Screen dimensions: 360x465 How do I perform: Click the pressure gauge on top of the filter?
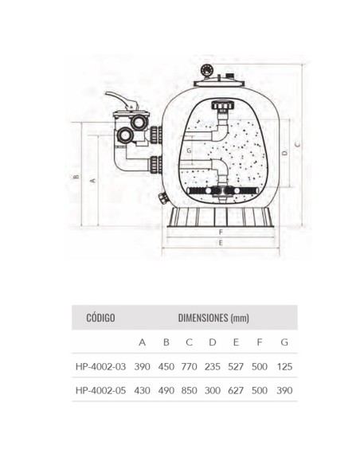[207, 71]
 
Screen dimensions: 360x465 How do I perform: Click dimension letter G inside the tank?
[189, 150]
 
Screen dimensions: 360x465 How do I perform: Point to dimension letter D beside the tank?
[284, 153]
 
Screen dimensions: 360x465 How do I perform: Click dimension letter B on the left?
[76, 177]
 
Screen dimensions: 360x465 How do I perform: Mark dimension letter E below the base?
[221, 243]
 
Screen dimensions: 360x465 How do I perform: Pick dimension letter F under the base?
[221, 232]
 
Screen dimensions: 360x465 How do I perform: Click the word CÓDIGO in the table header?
[100, 318]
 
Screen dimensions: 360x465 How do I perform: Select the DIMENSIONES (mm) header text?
[213, 318]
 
